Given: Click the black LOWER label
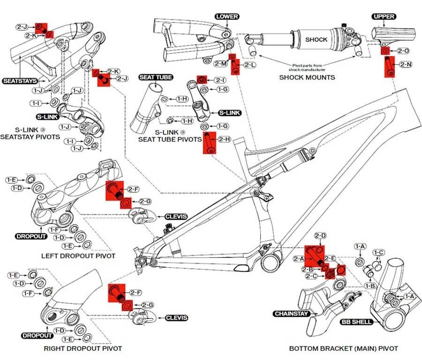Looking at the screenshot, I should click(x=226, y=17).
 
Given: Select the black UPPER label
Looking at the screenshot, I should click(x=384, y=17).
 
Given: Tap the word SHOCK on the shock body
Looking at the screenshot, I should click(x=316, y=39).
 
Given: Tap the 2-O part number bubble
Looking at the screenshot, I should click(x=403, y=51).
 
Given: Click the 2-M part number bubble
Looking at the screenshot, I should click(x=221, y=63).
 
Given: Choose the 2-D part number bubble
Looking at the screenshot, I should click(x=320, y=235).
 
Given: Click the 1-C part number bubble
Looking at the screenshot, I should click(x=380, y=253).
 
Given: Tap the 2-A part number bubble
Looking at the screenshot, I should click(x=299, y=259).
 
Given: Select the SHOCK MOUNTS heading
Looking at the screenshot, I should click(x=307, y=77).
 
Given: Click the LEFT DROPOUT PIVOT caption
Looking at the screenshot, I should click(x=78, y=256).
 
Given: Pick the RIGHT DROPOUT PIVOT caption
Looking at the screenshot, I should click(x=83, y=348).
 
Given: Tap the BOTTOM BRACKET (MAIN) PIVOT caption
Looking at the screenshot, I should click(x=343, y=348).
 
